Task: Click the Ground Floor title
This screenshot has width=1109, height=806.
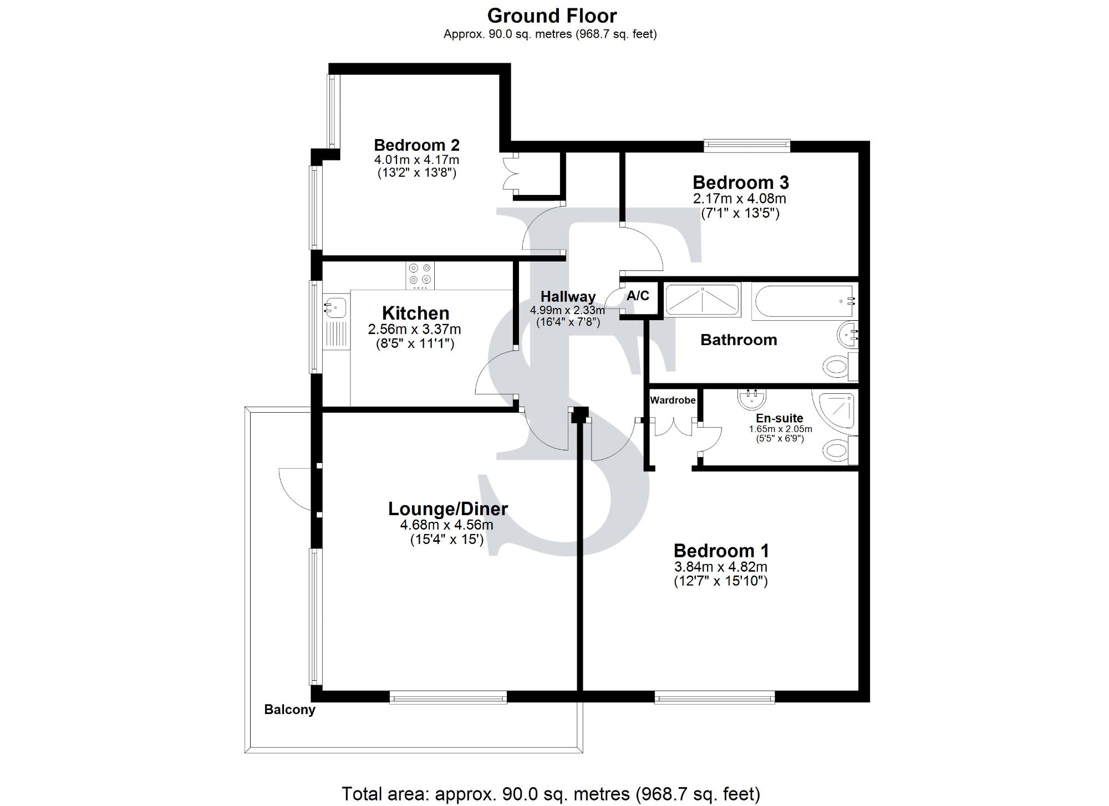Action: (552, 16)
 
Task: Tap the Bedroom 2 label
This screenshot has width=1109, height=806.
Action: (416, 145)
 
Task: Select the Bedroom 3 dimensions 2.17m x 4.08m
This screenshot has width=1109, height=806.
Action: (740, 198)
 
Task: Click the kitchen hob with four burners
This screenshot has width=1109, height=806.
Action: (420, 275)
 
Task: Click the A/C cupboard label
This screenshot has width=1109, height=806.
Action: (638, 296)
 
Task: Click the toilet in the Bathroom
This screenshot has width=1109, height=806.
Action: (838, 366)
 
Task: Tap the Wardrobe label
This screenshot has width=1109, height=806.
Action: (673, 400)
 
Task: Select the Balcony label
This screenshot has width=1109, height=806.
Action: (289, 710)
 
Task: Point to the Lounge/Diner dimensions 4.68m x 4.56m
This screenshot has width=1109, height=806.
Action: (446, 525)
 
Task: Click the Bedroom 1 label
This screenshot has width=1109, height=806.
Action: (721, 551)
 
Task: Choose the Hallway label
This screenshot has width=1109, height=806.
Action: (568, 297)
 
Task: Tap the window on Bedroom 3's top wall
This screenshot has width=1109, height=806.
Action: (746, 146)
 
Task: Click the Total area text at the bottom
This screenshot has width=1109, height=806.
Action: (551, 794)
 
